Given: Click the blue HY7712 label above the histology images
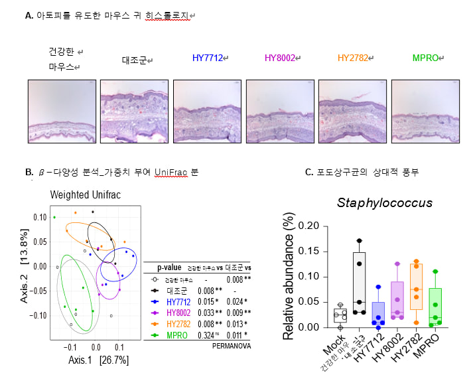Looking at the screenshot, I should [208, 58].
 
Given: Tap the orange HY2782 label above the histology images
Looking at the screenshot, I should [353, 58].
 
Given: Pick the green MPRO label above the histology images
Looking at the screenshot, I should [427, 58].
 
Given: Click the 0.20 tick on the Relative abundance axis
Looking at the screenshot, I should [309, 226].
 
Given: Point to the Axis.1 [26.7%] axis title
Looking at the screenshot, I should [98, 360].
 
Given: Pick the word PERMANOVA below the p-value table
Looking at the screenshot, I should [231, 344].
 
